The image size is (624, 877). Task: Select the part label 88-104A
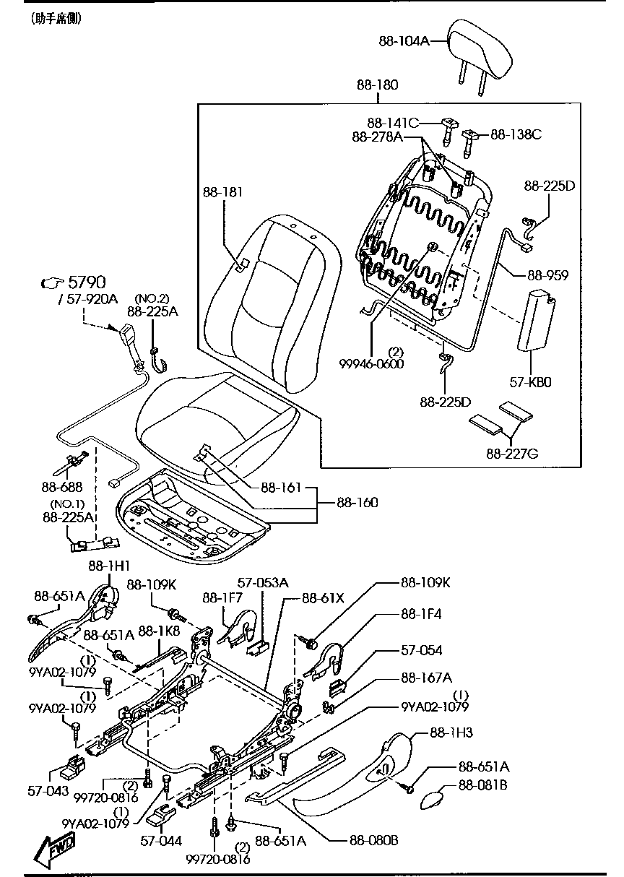[404, 41]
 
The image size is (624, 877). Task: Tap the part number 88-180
[376, 85]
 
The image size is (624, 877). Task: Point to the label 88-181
[222, 192]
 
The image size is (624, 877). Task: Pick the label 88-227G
[513, 454]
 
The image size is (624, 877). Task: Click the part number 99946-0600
[371, 364]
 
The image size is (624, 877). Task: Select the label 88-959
[547, 275]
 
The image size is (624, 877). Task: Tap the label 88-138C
[516, 134]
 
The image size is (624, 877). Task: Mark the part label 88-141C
[392, 123]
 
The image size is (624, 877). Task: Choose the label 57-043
[51, 792]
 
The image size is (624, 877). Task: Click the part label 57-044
[161, 840]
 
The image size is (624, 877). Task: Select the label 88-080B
[374, 839]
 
